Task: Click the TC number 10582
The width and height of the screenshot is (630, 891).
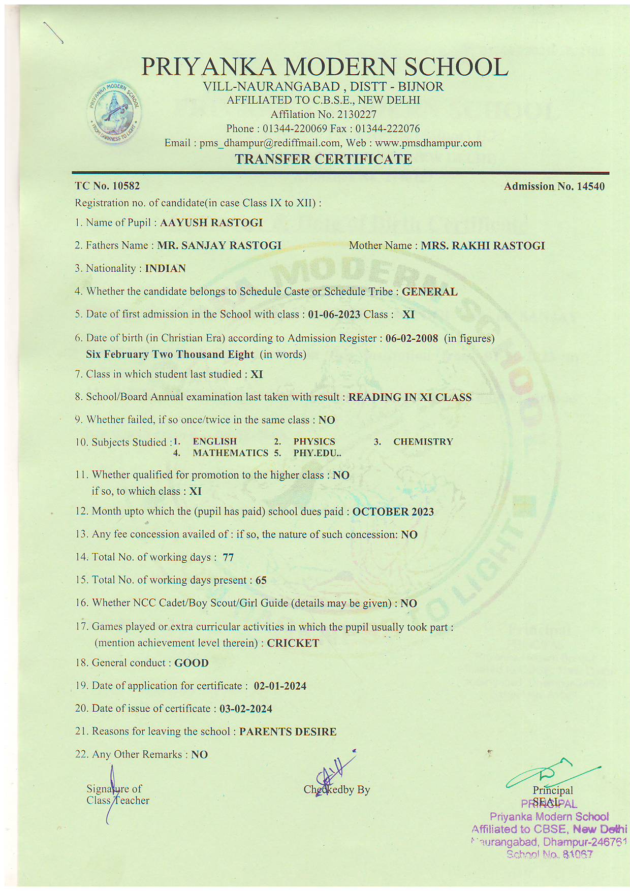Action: coord(126,186)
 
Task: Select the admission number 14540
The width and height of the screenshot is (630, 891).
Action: coord(590,186)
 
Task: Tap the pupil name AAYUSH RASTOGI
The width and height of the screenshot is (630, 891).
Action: coord(211,222)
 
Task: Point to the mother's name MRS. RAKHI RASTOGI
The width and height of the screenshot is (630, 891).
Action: coord(483,246)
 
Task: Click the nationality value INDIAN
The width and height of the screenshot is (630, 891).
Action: coord(166,268)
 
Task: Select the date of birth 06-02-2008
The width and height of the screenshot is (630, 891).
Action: coord(412,338)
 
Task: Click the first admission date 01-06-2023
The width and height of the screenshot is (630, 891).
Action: coord(334,314)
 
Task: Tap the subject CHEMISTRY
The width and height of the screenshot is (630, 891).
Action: coord(423,442)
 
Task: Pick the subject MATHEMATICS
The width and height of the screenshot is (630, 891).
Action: coord(230,453)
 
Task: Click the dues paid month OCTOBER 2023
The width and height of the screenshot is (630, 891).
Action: coord(393,512)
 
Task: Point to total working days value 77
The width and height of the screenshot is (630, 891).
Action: coord(228,557)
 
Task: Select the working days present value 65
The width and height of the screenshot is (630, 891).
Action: coord(261,580)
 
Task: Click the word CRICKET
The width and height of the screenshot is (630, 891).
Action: coord(293,643)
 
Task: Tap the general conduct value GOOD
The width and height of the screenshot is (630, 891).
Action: coord(192,663)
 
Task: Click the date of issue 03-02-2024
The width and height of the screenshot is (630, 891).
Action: coord(246,709)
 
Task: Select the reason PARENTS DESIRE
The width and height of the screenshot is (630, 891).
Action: coord(288,731)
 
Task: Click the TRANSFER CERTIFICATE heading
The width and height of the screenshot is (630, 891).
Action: coord(323,159)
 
